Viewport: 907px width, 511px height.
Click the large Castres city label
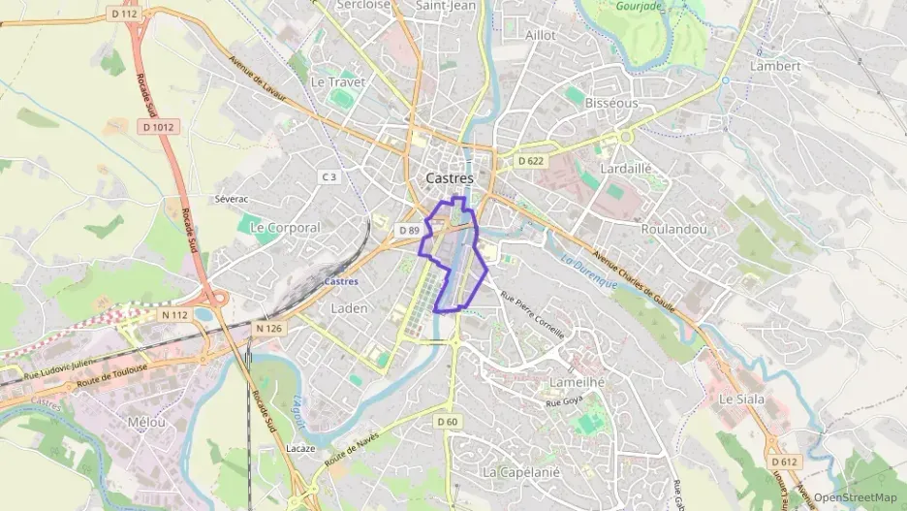tap(450, 178)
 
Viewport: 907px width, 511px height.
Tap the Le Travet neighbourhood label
tap(337, 82)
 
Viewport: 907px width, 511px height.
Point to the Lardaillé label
tap(626, 168)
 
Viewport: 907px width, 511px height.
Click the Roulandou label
tap(673, 229)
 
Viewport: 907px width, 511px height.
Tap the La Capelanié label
tap(521, 471)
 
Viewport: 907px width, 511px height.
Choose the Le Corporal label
tap(285, 227)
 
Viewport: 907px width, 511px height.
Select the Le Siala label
tap(741, 399)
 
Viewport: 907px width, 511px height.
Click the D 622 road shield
tap(530, 161)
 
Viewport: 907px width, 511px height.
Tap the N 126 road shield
tap(269, 329)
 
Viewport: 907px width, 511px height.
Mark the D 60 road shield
tap(447, 421)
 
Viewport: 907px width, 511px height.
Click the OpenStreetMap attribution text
tap(855, 497)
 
